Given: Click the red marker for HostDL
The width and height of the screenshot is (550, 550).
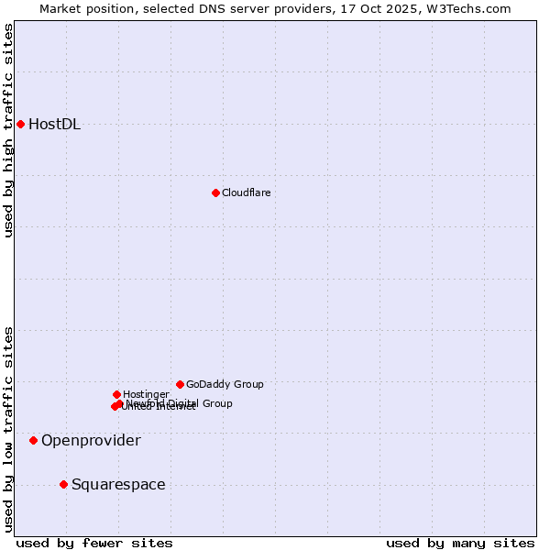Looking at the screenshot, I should coord(20,124).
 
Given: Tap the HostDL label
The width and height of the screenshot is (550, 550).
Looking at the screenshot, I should coord(55,125).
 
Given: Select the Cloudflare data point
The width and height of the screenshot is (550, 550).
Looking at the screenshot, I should coord(215,192).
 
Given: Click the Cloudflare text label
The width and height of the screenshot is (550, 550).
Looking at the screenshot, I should coord(246,192).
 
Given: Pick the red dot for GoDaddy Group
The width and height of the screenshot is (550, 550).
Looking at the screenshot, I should coord(180,384).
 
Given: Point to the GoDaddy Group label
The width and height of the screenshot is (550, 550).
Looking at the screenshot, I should coord(225,384).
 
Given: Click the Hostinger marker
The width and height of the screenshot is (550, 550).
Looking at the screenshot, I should coord(116,394).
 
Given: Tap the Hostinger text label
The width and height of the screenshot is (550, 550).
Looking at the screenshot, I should coord(146,394).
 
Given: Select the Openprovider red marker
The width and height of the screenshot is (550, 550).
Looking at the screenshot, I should coord(33,440).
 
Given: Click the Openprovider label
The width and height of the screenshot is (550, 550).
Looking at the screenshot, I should coord(91,441).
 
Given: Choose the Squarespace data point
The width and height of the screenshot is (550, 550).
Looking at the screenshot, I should coord(63,484).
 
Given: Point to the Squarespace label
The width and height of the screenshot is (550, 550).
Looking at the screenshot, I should coord(118,485).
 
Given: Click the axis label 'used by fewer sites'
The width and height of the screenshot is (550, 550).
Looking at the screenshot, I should coord(94,543).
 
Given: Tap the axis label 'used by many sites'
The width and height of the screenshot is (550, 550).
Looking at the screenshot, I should coord(460,543).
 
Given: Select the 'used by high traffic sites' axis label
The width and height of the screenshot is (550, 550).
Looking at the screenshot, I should coord(8,130).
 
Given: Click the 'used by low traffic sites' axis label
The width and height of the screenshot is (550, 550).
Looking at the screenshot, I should coord(8,429).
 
